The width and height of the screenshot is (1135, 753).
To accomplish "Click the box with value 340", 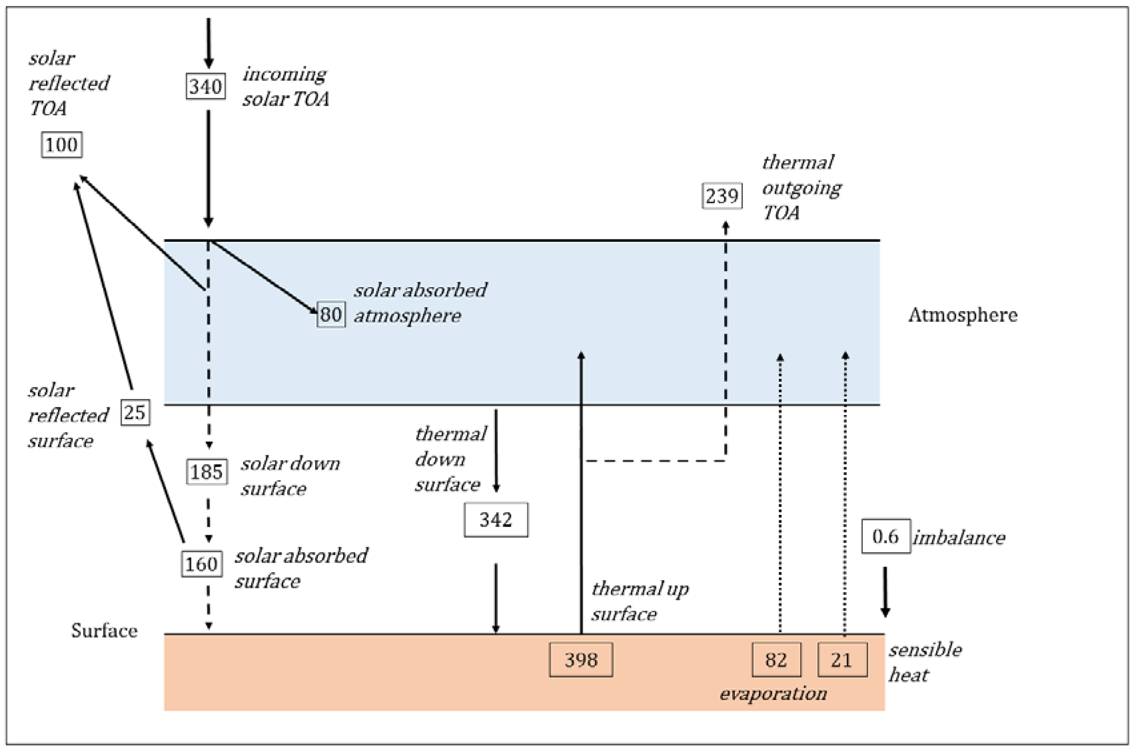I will pyautogui.click(x=206, y=86).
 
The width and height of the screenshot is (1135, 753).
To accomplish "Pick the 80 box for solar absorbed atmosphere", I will pyautogui.click(x=331, y=315).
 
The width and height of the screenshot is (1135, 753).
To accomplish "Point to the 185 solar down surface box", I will pyautogui.click(x=206, y=472).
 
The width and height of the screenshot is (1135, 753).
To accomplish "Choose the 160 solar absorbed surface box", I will pyautogui.click(x=202, y=564).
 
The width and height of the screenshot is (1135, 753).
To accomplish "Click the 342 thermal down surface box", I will pyautogui.click(x=496, y=520).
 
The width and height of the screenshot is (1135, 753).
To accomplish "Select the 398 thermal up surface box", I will pyautogui.click(x=581, y=660).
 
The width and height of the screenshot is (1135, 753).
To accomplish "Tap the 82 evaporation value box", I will pyautogui.click(x=776, y=660).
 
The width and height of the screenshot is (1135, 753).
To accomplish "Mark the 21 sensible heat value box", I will pyautogui.click(x=843, y=660).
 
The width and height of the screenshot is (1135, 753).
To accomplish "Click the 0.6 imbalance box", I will pyautogui.click(x=886, y=536).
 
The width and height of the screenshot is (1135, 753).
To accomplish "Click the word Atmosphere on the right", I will pyautogui.click(x=963, y=315).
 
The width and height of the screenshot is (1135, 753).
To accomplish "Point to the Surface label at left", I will pyautogui.click(x=104, y=631).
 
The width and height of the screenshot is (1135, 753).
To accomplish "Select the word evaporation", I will pyautogui.click(x=773, y=693).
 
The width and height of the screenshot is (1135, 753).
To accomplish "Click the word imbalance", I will pyautogui.click(x=959, y=537).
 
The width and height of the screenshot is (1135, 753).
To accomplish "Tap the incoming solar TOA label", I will pyautogui.click(x=286, y=86).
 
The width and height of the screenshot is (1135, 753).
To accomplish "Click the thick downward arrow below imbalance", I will pyautogui.click(x=885, y=592).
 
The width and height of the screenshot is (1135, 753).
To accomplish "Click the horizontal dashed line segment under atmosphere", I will pyautogui.click(x=656, y=461).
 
